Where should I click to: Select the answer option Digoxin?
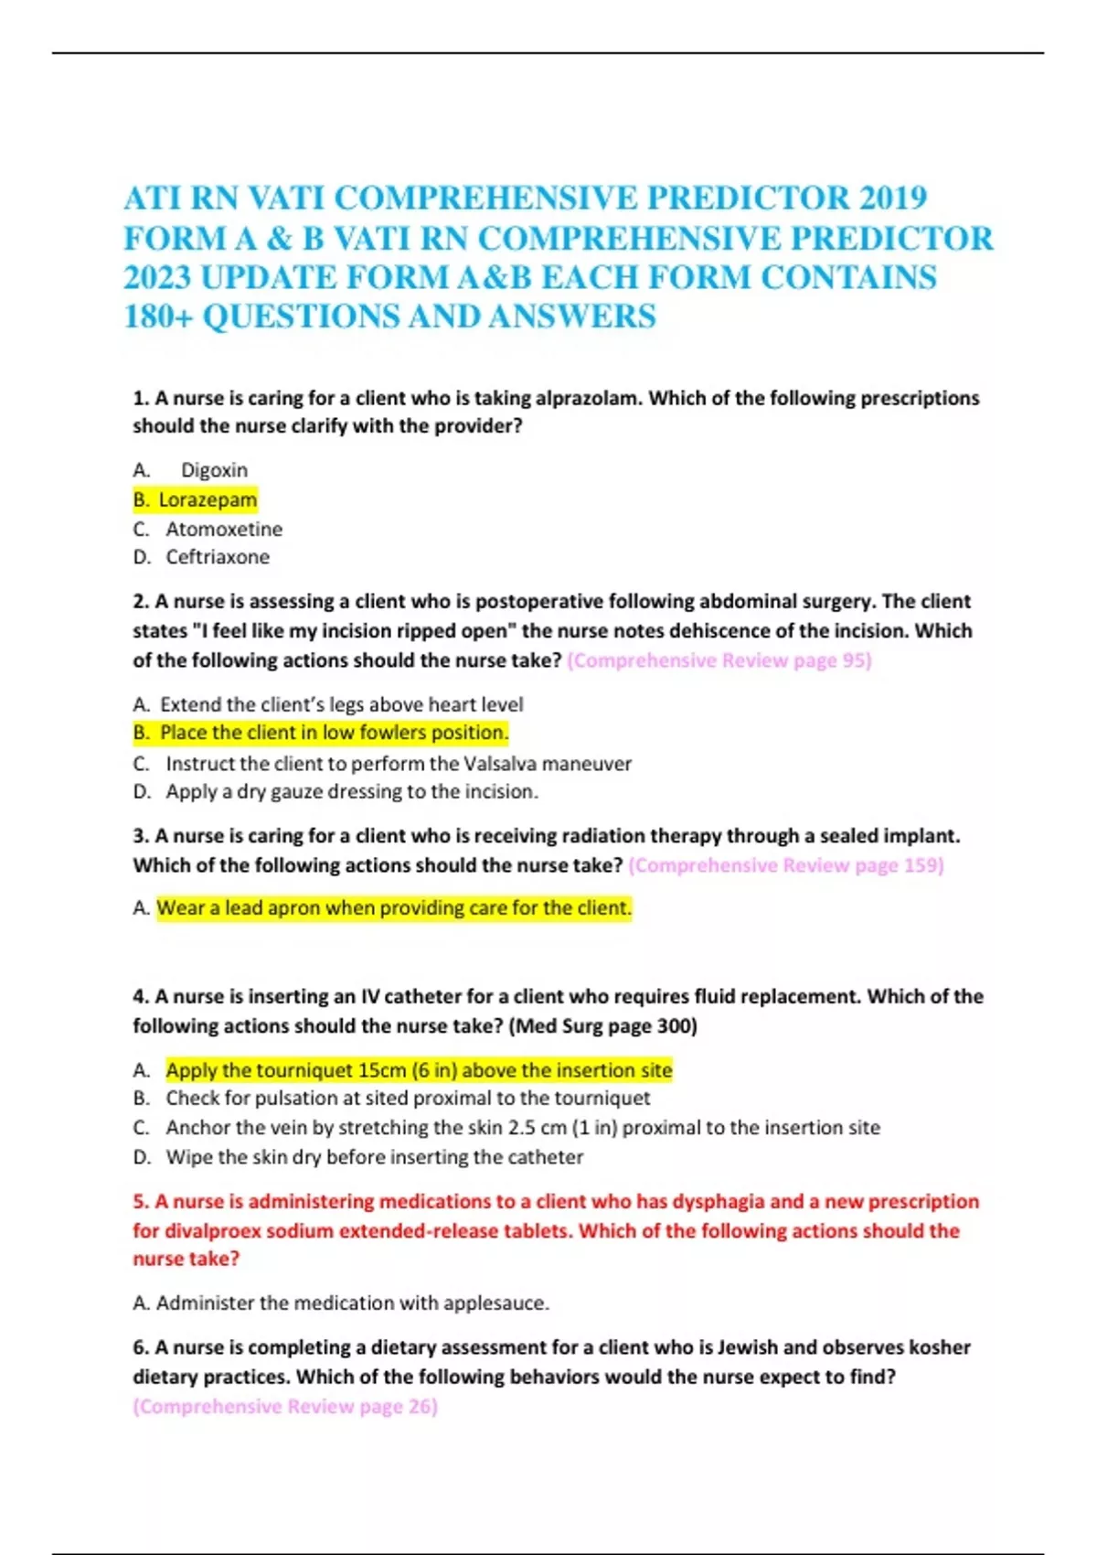point(214,470)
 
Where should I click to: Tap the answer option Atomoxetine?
point(224,529)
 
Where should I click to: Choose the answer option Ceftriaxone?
point(218,557)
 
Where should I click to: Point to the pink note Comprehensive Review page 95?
point(719,660)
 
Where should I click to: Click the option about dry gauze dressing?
point(352,792)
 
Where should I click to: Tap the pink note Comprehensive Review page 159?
point(786,865)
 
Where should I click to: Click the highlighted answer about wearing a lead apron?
point(394,908)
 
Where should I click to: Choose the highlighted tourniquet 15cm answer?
point(419,1070)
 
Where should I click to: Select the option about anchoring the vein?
point(523,1128)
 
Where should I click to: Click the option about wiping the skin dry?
point(374,1157)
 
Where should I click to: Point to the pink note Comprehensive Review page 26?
point(285,1407)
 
